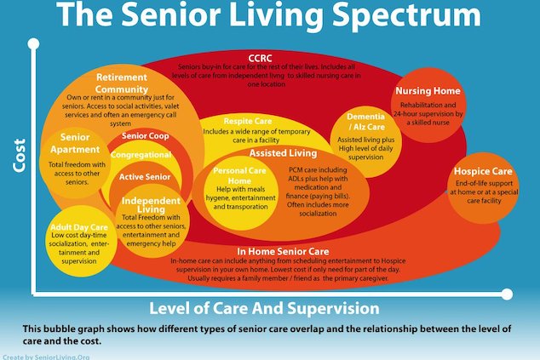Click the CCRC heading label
(260, 58)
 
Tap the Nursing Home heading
(428, 91)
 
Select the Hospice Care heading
(483, 171)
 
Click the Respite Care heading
(248, 121)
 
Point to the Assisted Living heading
(283, 153)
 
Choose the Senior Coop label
(146, 136)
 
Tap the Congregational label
(141, 155)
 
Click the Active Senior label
(145, 177)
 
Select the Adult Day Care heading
(79, 227)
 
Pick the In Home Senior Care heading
(283, 252)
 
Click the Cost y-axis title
(19, 155)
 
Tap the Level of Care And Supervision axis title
(264, 308)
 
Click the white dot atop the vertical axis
(33, 43)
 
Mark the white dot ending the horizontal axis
(507, 294)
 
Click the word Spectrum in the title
(407, 14)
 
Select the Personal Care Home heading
(239, 175)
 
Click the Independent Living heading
(151, 205)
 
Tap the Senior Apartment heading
(75, 143)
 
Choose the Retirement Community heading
(122, 83)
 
